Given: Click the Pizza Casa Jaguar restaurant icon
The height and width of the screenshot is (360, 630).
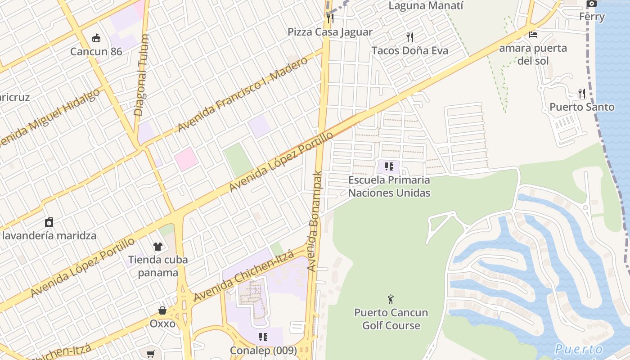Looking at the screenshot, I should coord(330,18).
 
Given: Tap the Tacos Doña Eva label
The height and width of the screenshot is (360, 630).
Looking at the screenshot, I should coord(409,50).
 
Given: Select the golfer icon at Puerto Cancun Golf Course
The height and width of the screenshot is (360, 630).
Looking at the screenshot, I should coord(390,299).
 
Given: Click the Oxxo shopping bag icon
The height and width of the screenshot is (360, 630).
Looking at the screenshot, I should coord(162,310).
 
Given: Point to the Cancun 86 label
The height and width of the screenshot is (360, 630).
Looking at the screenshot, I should coord(96,51).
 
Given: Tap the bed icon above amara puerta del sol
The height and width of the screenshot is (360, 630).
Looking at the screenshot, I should coord(533,34).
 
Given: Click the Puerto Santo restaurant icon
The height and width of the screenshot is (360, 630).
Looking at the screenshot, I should coord(582,94).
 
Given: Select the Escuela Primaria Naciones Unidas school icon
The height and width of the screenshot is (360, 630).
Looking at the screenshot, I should coord(389,166).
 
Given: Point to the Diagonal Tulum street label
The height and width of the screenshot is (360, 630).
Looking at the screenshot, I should coord(141,76).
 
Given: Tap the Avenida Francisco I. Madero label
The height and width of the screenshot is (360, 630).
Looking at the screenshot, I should coord(243,94).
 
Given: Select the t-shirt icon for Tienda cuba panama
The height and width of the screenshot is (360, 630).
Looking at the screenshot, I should coord(157,246).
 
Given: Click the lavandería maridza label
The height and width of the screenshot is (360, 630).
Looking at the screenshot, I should coord(49,235).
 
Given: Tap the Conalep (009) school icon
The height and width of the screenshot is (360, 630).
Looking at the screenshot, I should coord(263,337).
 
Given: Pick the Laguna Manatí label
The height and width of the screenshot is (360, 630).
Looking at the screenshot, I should coord(425,6).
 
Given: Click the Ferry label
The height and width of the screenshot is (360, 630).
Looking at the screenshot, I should coord(592,17).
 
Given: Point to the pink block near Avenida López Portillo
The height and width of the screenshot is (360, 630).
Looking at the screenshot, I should coord(186,159).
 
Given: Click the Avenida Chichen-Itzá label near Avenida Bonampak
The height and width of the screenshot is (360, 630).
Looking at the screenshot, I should coord(244,276).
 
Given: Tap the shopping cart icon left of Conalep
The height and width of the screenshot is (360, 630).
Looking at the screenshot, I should coord(151,354).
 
